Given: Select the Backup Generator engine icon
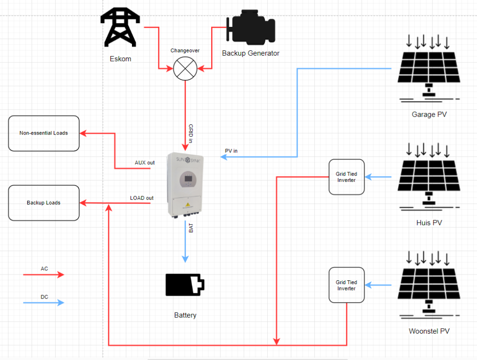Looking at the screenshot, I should tap(250, 28).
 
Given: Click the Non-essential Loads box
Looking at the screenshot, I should tap(44, 133).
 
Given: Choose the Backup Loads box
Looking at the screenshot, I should tap(44, 203).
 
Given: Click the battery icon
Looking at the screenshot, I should tap(185, 285).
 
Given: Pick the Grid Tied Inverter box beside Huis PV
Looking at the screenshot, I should tap(346, 177).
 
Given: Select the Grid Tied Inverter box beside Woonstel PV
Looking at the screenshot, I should tap(346, 286).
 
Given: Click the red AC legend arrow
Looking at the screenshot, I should tap(44, 275).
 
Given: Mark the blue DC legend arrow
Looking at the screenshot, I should tap(44, 303).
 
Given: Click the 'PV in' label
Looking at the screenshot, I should tap(231, 151).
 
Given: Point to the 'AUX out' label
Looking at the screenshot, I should tap(144, 163).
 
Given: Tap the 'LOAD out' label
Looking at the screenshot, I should tap(142, 198).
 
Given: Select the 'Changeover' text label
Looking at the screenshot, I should tap(185, 50).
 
